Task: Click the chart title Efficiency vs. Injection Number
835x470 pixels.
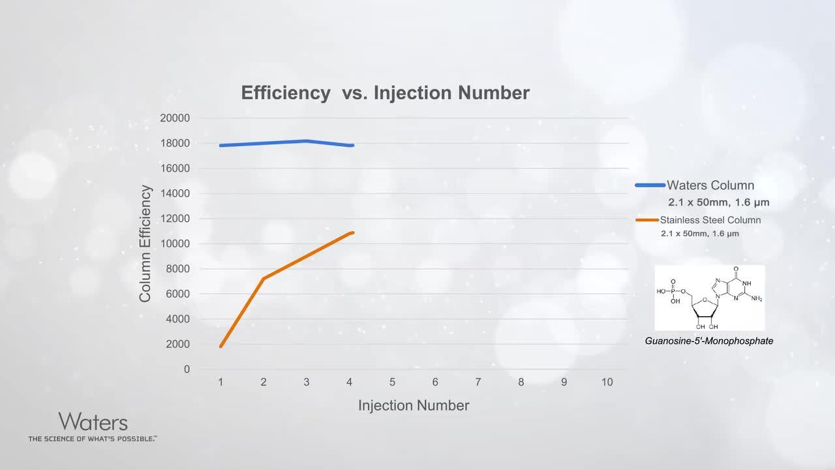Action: tap(385, 93)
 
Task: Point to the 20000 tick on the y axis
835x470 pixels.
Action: tap(174, 118)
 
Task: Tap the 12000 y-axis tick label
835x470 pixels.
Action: tap(174, 219)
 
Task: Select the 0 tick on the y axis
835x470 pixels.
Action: tap(187, 369)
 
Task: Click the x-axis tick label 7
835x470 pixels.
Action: tap(478, 382)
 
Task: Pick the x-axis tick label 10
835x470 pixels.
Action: tap(607, 382)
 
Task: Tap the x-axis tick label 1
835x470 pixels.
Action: tap(220, 382)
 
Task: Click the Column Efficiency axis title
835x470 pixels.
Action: tap(145, 243)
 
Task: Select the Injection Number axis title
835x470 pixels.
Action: tap(414, 405)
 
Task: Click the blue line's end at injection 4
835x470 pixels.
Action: tap(352, 146)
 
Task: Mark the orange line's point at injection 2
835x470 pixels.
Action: tap(264, 279)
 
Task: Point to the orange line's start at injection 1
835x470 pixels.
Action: tap(220, 346)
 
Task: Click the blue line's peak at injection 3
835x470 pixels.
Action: tap(307, 141)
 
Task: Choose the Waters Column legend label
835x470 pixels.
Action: tap(710, 185)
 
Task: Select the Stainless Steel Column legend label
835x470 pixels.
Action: tap(710, 220)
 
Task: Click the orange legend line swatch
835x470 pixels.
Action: tap(646, 220)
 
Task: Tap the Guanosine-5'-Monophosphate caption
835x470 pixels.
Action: tap(709, 341)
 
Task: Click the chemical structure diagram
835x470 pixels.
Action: tap(709, 297)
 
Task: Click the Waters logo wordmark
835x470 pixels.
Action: tap(93, 421)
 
